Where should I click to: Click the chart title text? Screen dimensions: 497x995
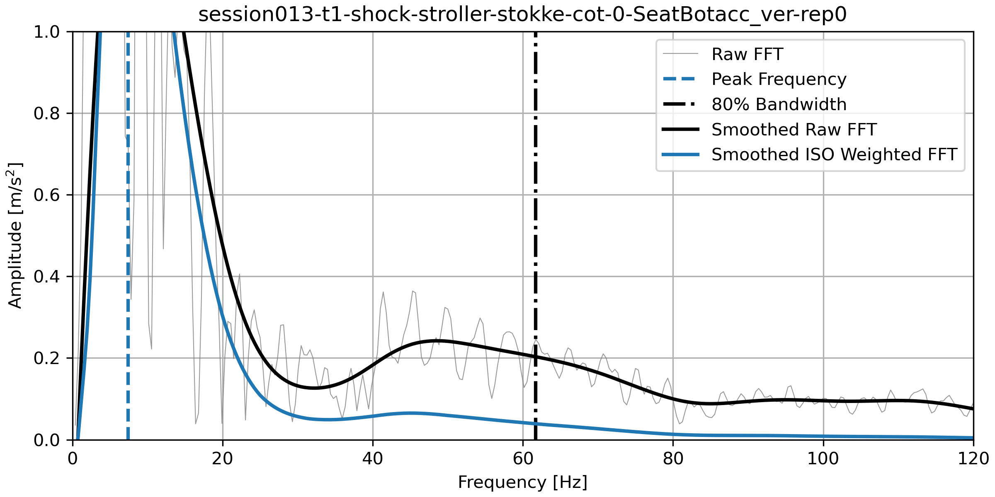pos(522,15)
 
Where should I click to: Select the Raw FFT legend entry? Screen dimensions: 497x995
pos(747,54)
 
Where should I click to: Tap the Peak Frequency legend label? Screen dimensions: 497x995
pos(779,79)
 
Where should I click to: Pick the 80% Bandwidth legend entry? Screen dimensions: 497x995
pos(779,104)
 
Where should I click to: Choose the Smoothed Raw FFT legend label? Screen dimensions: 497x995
pos(794,130)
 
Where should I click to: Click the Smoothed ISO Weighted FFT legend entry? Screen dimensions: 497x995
pos(834,154)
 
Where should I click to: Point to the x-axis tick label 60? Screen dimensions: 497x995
pos(523,459)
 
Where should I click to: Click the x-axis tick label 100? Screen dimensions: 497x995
pos(823,459)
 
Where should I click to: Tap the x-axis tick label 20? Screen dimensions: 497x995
pos(223,459)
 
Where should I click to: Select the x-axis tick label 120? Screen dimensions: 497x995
pos(973,459)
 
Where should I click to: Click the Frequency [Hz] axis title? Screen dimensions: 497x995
pos(522,483)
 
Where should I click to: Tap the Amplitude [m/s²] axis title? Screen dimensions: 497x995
pos(15,235)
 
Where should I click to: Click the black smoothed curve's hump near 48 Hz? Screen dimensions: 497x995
pos(435,341)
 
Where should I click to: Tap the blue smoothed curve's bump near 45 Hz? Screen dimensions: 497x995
pos(410,413)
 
